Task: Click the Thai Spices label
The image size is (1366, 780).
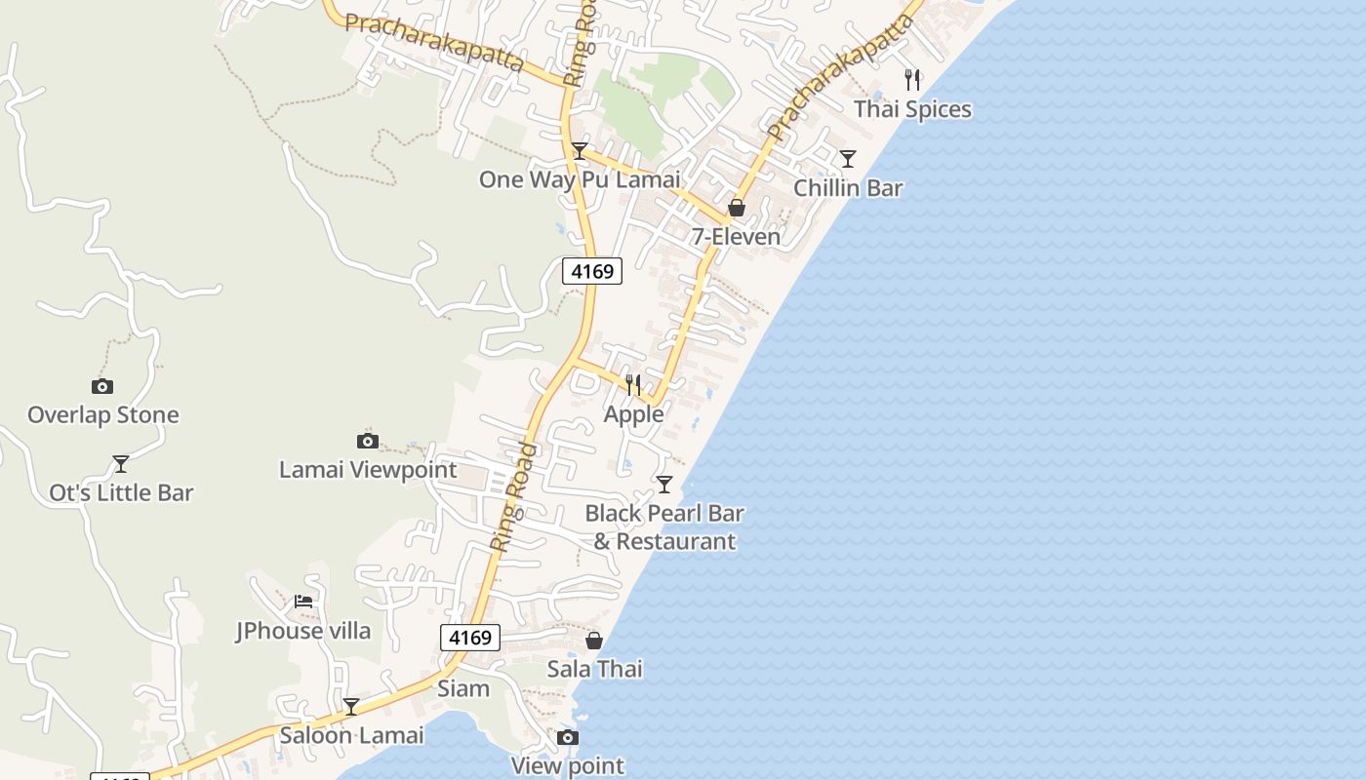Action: (x=912, y=109)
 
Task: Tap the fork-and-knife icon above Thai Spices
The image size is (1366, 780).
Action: (x=912, y=79)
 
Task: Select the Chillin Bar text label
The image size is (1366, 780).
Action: (x=848, y=188)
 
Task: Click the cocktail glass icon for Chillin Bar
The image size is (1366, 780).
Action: (x=848, y=158)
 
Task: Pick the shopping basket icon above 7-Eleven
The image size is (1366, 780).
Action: (x=737, y=208)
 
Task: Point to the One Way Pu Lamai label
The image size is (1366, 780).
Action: (x=579, y=179)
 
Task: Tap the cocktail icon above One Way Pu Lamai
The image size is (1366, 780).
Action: (x=580, y=151)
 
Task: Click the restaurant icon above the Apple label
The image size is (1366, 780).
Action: (x=633, y=385)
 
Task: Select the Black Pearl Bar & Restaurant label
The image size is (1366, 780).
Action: (x=664, y=526)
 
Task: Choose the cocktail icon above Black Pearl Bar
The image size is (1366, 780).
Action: (x=664, y=485)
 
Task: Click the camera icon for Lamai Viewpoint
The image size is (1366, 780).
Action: (x=368, y=442)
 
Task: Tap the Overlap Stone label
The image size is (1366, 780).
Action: (x=102, y=415)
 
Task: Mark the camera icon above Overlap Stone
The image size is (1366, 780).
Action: (x=102, y=387)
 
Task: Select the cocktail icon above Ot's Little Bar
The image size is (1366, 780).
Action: (x=121, y=464)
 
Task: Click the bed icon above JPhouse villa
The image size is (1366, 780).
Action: (x=303, y=602)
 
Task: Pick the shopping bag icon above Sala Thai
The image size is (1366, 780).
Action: (x=594, y=641)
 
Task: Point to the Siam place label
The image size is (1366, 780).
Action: (x=463, y=689)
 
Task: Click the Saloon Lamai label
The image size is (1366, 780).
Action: (x=351, y=735)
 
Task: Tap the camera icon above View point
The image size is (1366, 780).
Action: (x=568, y=738)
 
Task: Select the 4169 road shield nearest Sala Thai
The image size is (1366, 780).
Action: (x=470, y=638)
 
